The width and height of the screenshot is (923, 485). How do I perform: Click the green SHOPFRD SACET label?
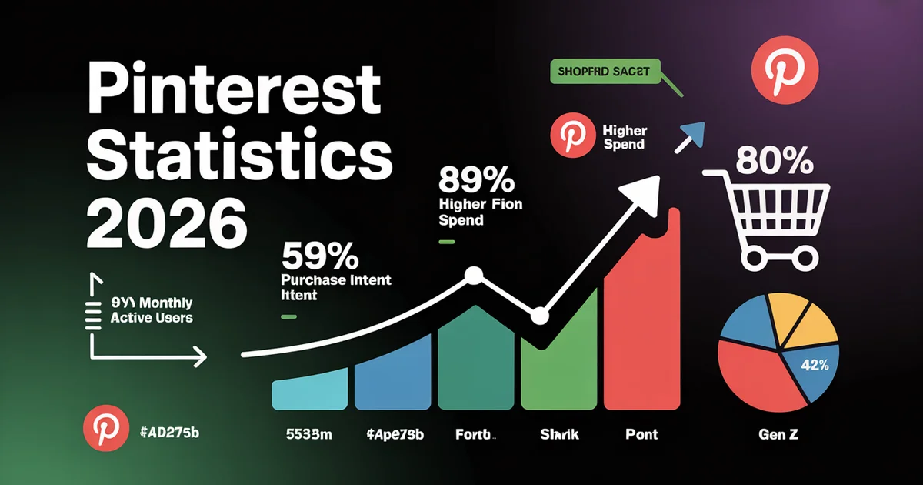tap(601, 72)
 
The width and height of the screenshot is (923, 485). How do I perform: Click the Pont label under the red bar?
tap(641, 435)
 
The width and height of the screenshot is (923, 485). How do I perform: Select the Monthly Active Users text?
tap(151, 310)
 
